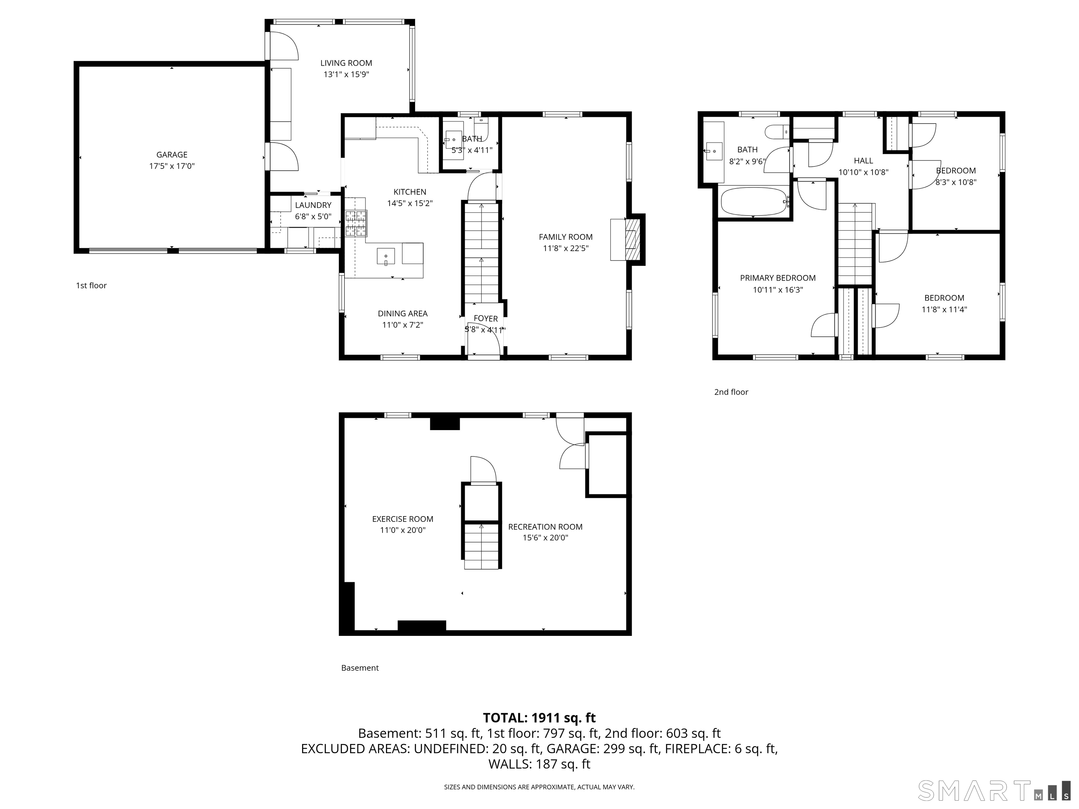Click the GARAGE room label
(172, 154)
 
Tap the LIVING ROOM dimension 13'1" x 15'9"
(346, 74)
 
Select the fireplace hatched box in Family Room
(632, 239)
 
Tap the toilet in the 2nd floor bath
(776, 132)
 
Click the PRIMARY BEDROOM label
(778, 278)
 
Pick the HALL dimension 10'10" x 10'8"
(863, 172)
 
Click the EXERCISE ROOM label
(403, 519)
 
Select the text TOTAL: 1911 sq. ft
(539, 718)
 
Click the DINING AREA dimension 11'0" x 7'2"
(403, 325)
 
